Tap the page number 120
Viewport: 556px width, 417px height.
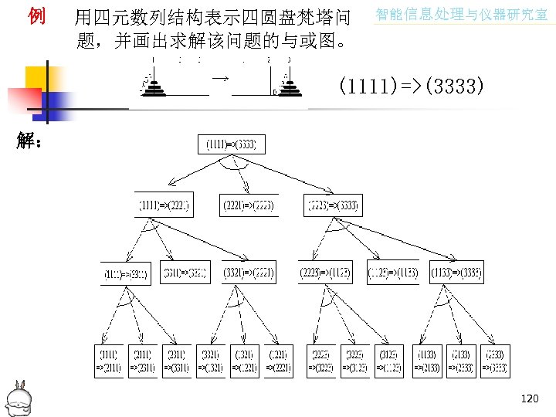coord(530,398)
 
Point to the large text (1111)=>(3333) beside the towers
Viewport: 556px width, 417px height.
coord(412,86)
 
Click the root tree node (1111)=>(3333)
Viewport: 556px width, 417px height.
coord(236,144)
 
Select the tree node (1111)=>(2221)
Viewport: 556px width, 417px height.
coord(164,206)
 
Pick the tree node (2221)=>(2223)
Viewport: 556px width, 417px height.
coord(247,206)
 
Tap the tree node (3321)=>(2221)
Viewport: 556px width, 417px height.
coord(249,273)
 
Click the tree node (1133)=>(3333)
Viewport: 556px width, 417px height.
coord(456,273)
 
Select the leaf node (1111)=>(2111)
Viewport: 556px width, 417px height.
coord(107,361)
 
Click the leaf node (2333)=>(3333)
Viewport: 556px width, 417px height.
coord(494,361)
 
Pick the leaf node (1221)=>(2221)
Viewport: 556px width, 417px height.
coord(279,361)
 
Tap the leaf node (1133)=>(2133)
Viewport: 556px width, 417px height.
coord(426,361)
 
